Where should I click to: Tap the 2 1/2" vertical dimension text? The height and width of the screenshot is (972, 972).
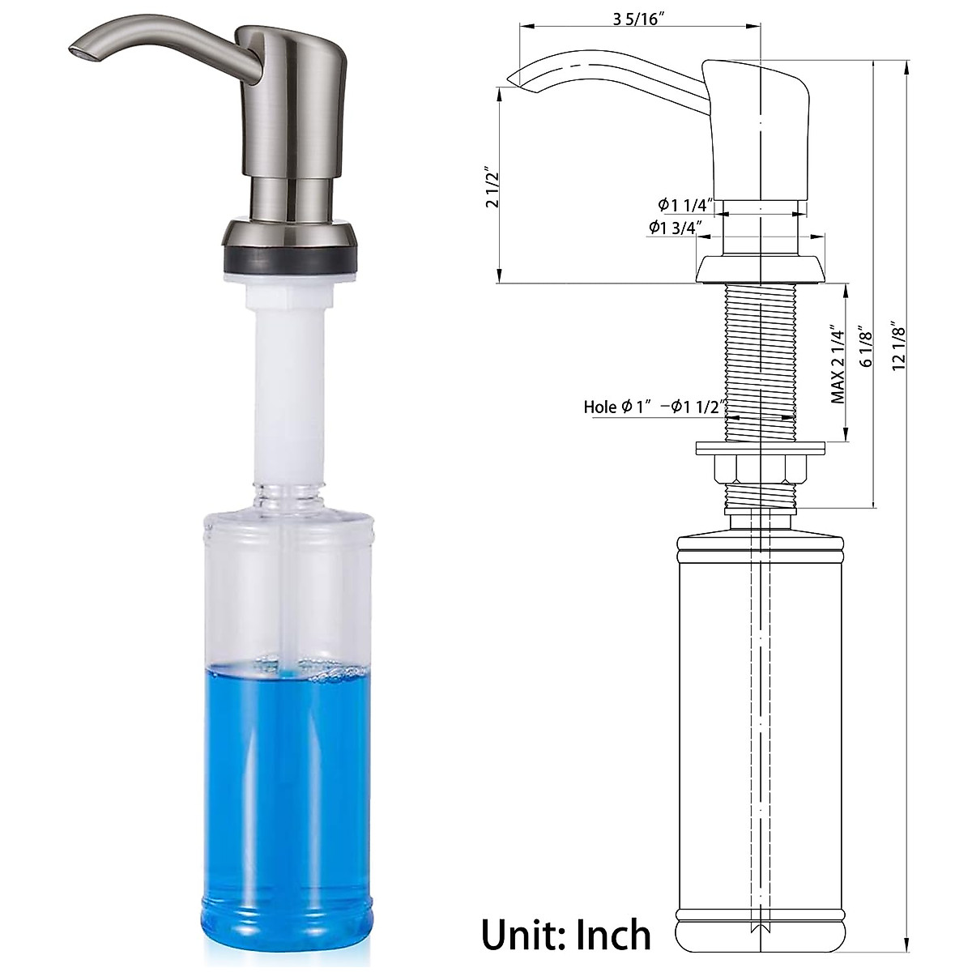tap(492, 188)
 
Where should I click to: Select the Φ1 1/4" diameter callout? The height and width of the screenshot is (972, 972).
tap(685, 204)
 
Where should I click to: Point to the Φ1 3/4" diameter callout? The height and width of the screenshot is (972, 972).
tap(674, 228)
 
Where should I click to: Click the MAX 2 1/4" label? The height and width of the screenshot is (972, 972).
tap(838, 364)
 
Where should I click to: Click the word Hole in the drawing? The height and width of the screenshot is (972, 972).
tap(601, 407)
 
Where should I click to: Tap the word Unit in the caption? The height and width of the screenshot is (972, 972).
tap(523, 934)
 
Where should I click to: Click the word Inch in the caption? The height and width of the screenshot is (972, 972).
tap(613, 934)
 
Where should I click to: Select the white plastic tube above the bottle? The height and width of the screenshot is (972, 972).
tap(290, 389)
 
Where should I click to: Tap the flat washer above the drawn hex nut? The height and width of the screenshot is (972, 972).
tap(760, 446)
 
